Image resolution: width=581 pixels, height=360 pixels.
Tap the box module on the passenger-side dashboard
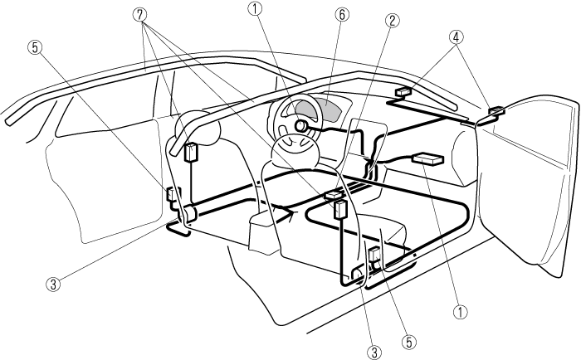430,159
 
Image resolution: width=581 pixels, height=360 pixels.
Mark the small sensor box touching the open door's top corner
496,110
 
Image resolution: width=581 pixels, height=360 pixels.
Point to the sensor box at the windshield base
403,92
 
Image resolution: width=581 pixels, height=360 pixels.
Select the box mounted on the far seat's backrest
192,153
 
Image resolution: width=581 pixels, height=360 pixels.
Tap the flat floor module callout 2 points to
334,196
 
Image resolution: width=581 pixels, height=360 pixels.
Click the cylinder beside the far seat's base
188,214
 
